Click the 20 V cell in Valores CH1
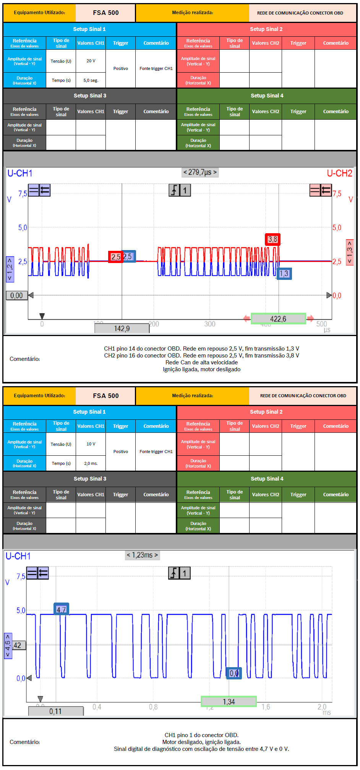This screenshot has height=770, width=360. [91, 61]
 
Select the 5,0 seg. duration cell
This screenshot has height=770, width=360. [91, 80]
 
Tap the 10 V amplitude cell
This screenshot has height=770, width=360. [91, 444]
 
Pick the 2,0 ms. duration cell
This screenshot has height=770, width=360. [91, 463]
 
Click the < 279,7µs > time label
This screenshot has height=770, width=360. [200, 172]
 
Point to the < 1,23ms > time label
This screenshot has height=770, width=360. [142, 555]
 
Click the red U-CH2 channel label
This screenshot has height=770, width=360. [339, 174]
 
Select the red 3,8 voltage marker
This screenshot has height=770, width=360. [272, 239]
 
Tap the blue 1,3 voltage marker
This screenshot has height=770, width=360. [284, 273]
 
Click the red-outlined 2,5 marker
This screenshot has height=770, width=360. [116, 257]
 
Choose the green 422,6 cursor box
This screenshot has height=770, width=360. [278, 319]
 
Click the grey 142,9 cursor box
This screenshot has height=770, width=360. [122, 328]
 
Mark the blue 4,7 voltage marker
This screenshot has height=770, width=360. [61, 609]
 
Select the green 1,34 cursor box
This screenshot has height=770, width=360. [229, 702]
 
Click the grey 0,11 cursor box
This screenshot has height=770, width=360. [55, 712]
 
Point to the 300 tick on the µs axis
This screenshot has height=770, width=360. [210, 324]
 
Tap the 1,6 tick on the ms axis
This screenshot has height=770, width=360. [266, 707]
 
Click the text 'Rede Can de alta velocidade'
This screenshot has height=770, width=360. [201, 362]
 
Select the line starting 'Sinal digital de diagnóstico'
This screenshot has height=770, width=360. [201, 749]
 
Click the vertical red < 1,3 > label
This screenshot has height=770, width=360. [349, 252]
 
